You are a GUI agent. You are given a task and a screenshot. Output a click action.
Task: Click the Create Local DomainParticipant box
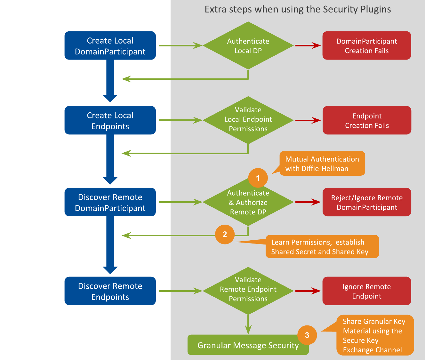tap(110, 45)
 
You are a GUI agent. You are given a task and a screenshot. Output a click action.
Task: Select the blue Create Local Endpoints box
tap(110, 120)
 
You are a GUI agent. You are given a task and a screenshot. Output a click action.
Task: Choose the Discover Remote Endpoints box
tap(110, 291)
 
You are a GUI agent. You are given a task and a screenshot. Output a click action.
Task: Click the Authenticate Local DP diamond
tap(248, 45)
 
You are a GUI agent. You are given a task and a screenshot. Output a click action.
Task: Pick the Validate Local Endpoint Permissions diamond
tap(248, 120)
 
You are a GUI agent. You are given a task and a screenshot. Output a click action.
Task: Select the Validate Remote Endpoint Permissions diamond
tap(248, 290)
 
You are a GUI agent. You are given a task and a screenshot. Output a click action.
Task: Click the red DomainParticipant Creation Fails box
tap(366, 45)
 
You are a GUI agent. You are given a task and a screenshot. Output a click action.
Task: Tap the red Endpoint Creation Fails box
tap(367, 120)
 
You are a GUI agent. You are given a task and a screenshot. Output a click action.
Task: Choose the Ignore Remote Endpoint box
tap(366, 291)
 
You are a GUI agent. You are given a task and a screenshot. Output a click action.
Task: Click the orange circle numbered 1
tap(258, 178)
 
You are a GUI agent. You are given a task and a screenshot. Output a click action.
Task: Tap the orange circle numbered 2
tap(225, 235)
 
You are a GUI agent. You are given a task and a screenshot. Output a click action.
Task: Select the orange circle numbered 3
tap(307, 335)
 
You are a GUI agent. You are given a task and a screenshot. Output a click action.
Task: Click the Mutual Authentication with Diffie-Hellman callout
tap(322, 164)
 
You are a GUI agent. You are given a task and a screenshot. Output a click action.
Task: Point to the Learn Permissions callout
tap(322, 247)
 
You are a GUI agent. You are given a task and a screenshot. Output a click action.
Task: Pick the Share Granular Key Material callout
tap(375, 335)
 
